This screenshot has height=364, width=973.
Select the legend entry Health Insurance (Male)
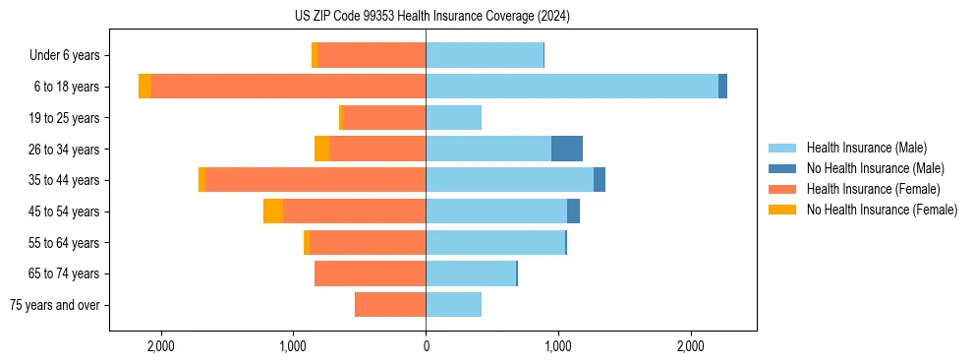click(865, 148)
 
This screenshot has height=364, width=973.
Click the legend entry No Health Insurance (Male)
click(875, 168)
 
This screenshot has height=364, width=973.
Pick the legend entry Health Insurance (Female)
click(873, 189)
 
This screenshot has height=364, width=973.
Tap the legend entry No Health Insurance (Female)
click(882, 210)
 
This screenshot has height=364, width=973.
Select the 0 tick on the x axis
click(426, 346)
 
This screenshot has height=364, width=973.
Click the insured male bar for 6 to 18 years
click(571, 87)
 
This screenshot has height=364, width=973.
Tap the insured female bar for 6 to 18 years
click(289, 87)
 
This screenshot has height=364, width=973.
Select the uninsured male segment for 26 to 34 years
click(567, 149)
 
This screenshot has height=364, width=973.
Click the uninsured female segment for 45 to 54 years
click(273, 212)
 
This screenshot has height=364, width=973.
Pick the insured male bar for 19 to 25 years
click(453, 118)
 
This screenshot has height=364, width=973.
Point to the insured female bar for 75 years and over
click(390, 305)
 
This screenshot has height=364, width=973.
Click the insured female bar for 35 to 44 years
click(315, 180)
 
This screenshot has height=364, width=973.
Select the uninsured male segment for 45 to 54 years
click(573, 212)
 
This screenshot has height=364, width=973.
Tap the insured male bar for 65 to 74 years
click(471, 273)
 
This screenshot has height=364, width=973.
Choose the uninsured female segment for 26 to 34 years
click(321, 149)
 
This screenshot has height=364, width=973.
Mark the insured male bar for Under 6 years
click(485, 56)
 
